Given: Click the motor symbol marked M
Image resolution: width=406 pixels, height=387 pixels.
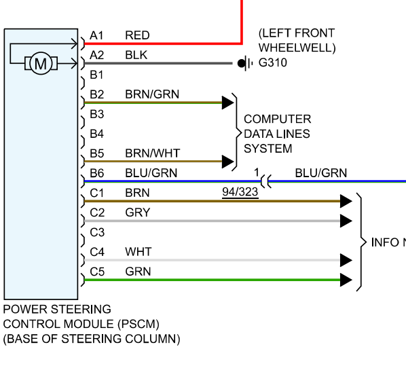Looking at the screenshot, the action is pos(41,63).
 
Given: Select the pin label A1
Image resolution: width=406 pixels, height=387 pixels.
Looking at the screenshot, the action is pos(96,35).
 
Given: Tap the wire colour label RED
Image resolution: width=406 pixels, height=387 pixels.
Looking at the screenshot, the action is pos(137,35).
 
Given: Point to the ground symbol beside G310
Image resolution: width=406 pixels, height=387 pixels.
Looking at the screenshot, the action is pos(244,63).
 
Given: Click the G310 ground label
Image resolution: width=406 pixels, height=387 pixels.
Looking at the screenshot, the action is pos(273,62).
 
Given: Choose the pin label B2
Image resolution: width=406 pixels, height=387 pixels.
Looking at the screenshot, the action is pos(97,94).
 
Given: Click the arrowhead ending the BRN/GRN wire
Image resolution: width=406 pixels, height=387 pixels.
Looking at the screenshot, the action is pos(228,103).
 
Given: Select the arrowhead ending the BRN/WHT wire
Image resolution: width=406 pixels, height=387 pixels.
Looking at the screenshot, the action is pos(228,162).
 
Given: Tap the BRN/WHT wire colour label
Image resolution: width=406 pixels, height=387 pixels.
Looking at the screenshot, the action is pos(153,153).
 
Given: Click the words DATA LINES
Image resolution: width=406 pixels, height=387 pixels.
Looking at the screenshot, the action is pos(277,134).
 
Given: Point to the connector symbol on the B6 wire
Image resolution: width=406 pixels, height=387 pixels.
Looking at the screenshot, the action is pos(266,181).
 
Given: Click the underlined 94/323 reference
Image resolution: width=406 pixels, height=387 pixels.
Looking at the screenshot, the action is pos(240,192).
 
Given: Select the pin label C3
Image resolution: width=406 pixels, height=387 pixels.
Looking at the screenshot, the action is pos(97,232).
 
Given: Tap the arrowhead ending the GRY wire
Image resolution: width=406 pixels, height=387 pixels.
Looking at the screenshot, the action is pos(346,221).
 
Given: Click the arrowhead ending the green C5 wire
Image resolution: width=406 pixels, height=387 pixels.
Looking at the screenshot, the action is pos(346,280).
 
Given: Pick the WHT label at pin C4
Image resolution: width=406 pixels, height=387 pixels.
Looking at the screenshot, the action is pos(139,252).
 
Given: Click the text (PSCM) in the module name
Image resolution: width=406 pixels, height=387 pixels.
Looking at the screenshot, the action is pos(139,324).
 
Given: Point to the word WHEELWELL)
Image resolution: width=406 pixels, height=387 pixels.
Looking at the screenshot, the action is pos(297,48).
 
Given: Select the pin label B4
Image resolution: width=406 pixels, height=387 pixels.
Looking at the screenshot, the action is pos(97,134).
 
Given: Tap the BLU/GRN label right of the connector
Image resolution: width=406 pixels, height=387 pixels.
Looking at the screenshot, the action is pos(321,173).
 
